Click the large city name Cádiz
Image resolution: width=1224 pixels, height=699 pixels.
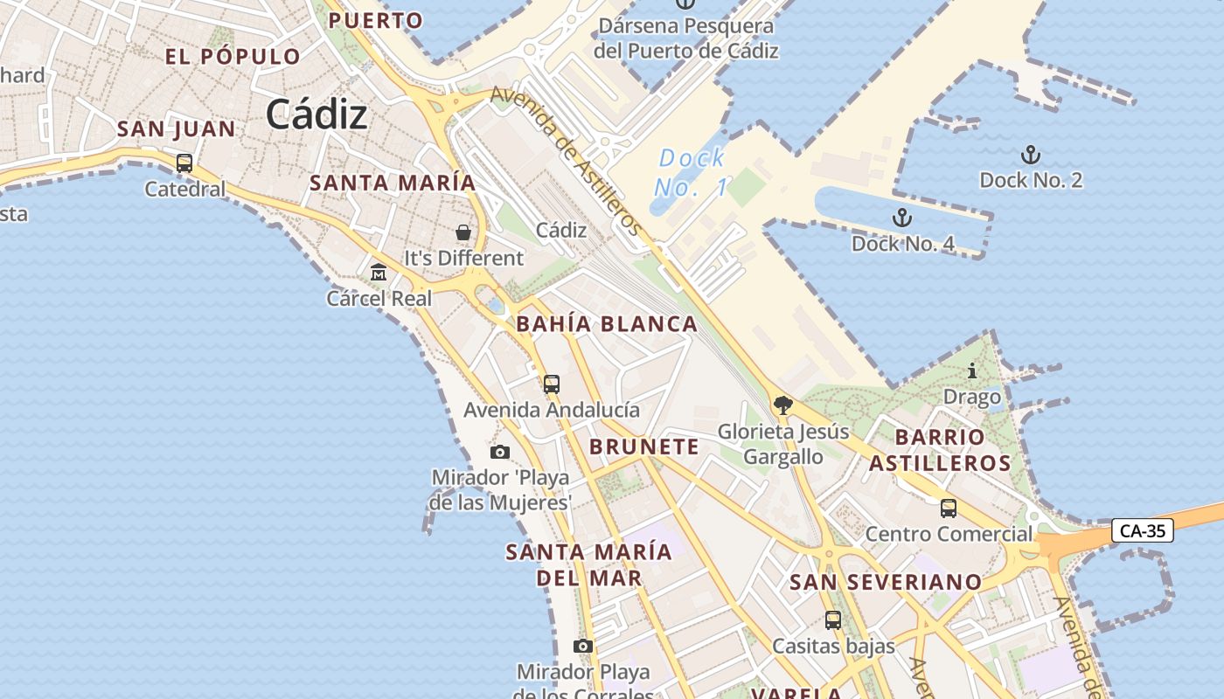pos(316,114)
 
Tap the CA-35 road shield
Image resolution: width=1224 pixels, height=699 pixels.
pos(1143,530)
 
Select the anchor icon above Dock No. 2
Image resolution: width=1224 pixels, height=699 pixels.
pos(1031,156)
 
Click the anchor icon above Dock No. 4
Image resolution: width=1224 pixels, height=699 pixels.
pos(901,218)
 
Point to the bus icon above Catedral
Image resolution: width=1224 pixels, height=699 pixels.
pos(184,163)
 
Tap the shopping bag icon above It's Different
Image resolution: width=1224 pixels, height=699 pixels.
pos(463,232)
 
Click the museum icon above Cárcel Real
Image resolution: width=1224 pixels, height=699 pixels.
pos(379,273)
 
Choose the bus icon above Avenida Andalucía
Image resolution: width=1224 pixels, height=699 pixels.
pos(551,384)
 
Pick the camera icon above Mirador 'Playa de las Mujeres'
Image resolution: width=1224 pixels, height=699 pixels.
pos(500,452)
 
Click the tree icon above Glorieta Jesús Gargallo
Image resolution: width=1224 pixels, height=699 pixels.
pos(782,405)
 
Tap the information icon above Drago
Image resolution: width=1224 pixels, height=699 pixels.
pos(971,371)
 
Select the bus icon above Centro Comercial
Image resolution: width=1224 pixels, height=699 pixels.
pos(949,508)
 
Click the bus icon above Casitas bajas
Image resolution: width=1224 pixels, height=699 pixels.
pos(833,620)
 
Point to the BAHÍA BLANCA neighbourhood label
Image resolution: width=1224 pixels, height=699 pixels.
pos(607,324)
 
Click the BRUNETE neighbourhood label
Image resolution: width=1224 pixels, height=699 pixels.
pos(644,446)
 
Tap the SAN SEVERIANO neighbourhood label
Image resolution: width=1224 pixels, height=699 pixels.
pos(886,582)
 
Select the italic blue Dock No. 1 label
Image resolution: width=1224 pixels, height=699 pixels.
pos(692,172)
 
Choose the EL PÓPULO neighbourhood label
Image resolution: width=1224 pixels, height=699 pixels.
pos(233,57)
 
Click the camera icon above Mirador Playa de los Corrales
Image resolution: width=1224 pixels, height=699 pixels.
pos(583,646)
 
